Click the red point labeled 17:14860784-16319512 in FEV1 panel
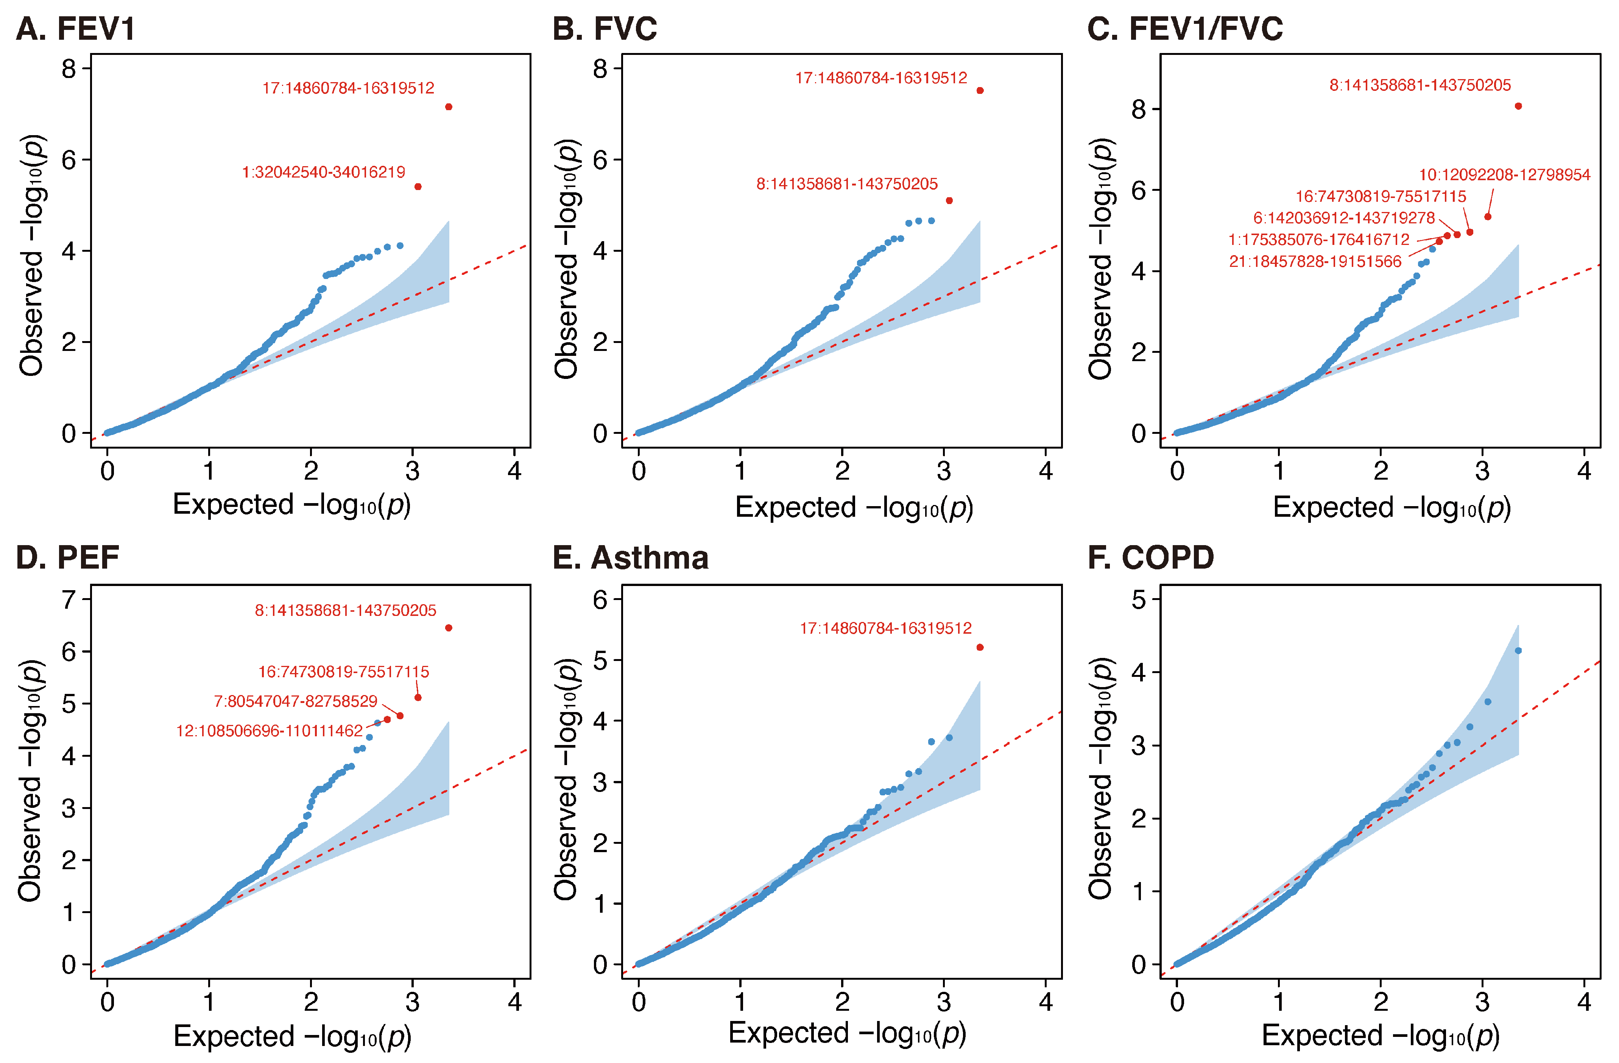tap(448, 107)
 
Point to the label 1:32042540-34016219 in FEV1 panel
tap(323, 172)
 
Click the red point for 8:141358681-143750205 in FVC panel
tap(949, 201)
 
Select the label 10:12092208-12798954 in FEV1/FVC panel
tap(1504, 175)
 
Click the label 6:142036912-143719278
tap(1343, 218)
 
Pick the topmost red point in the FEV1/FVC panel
tap(1518, 106)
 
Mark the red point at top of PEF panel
tap(448, 628)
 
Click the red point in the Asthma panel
tap(980, 647)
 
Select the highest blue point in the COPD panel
tap(1518, 651)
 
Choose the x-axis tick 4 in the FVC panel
tap(1046, 471)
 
